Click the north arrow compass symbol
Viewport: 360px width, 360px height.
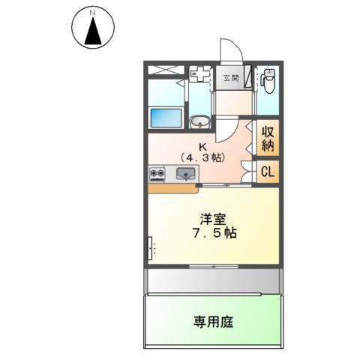[x=94, y=30]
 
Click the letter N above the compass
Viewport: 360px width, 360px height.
[x=93, y=13]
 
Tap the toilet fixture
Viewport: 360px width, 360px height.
[x=268, y=77]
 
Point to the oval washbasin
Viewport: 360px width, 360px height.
[x=199, y=122]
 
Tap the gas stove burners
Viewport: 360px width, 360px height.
[x=159, y=174]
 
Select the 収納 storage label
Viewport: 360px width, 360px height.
[x=268, y=139]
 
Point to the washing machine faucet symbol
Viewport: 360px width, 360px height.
[x=199, y=73]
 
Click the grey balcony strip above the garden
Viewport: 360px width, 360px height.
[x=214, y=280]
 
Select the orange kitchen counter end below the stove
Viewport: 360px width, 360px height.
[x=161, y=187]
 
